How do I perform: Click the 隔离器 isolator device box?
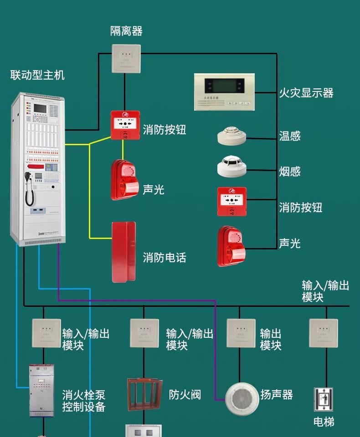(126, 58)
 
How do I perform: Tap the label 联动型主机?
(37, 75)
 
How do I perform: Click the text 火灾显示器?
(306, 93)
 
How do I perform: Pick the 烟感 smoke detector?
(231, 166)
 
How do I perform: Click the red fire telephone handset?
(123, 252)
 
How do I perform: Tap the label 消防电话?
(165, 258)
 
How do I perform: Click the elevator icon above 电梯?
(324, 400)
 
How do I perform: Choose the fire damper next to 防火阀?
(144, 394)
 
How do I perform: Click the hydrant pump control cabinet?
(41, 390)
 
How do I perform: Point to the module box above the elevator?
(324, 333)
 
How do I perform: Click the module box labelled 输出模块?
(241, 333)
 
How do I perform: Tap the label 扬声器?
(277, 395)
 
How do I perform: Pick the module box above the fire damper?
(144, 333)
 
